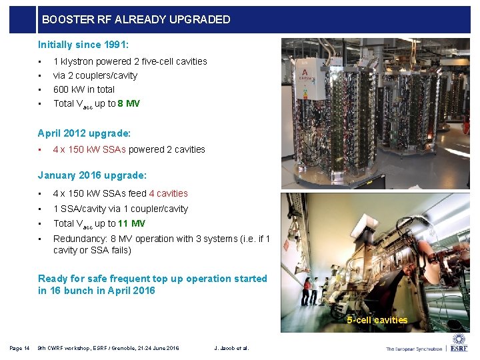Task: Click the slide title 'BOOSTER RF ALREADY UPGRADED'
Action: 136,19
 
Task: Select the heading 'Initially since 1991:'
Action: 83,45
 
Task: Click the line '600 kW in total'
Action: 84,89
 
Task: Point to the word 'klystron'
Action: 77,61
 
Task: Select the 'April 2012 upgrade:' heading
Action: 84,133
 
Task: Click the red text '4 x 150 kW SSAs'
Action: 89,149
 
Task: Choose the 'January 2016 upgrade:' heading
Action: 92,175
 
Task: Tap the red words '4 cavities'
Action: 168,193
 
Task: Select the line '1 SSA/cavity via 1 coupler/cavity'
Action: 121,209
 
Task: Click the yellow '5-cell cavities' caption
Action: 377,320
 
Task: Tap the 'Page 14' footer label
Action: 19,348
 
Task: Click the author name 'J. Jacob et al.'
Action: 231,348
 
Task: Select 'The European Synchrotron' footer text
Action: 413,348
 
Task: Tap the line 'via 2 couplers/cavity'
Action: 95,75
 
